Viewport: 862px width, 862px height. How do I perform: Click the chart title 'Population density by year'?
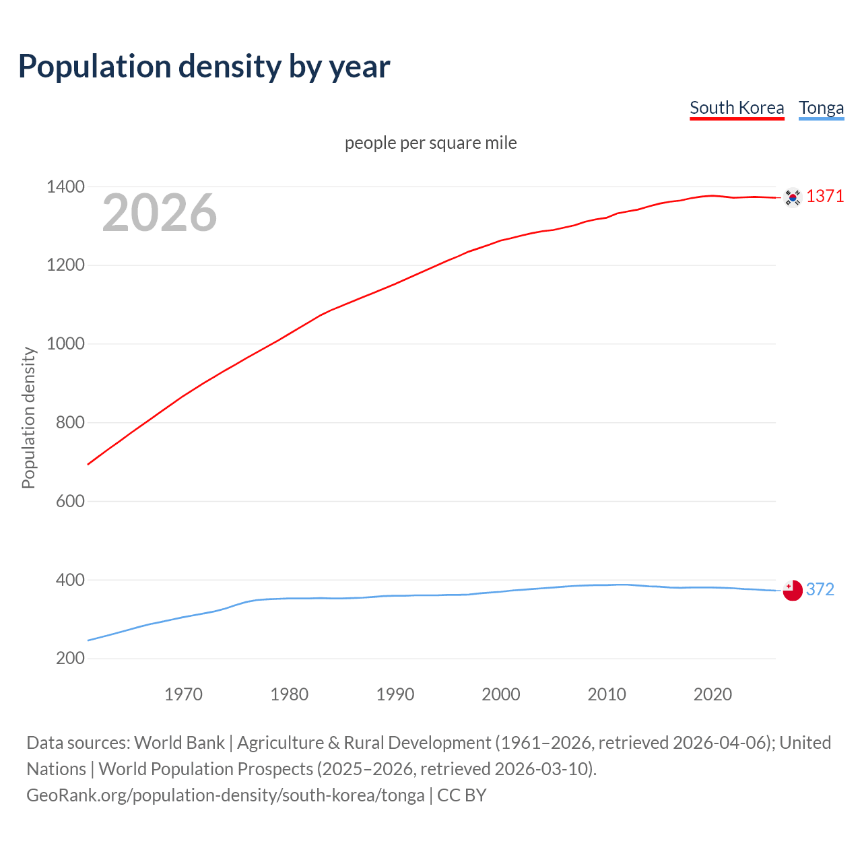click(x=204, y=67)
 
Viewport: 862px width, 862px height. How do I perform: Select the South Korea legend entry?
click(x=737, y=108)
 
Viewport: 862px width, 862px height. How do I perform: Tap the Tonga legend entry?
click(x=821, y=108)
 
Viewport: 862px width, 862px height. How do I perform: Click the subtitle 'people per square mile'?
click(x=430, y=143)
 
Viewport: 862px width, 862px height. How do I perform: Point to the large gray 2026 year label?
click(x=160, y=213)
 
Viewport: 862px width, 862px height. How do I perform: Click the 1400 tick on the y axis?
click(x=65, y=187)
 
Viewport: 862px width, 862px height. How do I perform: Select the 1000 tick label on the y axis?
click(x=65, y=344)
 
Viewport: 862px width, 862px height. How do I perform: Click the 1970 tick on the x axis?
click(x=183, y=694)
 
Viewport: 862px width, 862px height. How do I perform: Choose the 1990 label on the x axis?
click(x=395, y=694)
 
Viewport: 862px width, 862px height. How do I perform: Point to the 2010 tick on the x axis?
click(x=607, y=694)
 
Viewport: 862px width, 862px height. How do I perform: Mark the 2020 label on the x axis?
click(x=712, y=694)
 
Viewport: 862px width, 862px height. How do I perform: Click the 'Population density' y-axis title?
click(x=28, y=418)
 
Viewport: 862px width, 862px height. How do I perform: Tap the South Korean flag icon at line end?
click(x=793, y=197)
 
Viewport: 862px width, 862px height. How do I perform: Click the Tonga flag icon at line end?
click(x=793, y=590)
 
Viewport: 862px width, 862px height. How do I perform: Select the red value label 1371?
click(x=825, y=197)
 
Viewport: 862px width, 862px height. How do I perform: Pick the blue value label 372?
click(x=820, y=590)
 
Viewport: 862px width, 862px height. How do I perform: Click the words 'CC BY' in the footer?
click(x=462, y=795)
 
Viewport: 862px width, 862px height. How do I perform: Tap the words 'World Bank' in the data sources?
click(x=179, y=743)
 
